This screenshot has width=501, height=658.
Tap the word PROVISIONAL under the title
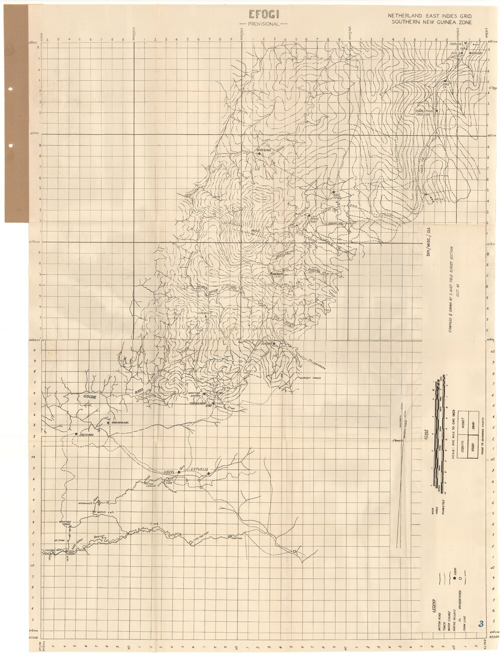pyautogui.click(x=261, y=24)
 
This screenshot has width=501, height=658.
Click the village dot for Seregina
pyautogui.click(x=259, y=154)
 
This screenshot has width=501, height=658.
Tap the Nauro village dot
pyautogui.click(x=273, y=344)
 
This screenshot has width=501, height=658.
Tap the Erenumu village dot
pyautogui.click(x=76, y=434)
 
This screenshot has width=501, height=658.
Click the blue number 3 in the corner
pyautogui.click(x=481, y=623)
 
